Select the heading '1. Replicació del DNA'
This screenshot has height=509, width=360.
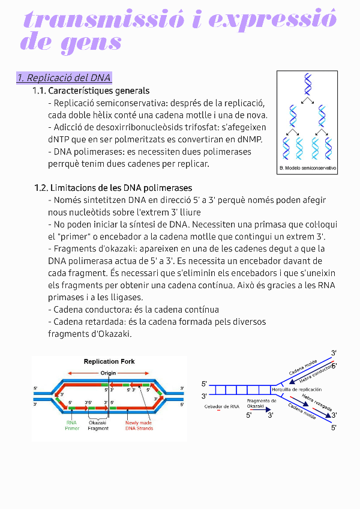[64, 78]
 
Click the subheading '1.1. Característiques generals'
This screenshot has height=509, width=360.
[91, 91]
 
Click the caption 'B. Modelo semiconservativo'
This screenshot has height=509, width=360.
[308, 168]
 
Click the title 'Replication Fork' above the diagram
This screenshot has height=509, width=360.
[109, 361]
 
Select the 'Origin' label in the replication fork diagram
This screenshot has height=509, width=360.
[109, 373]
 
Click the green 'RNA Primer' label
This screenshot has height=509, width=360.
[72, 425]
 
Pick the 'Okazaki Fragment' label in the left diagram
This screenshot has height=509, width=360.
[98, 425]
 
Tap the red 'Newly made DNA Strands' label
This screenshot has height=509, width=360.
[139, 425]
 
